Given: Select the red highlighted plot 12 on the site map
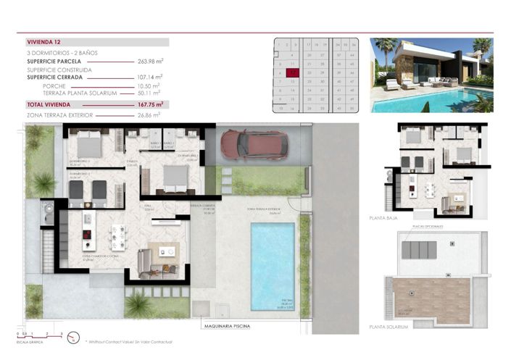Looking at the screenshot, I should point(291,72).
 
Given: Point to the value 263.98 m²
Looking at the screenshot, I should point(150,62).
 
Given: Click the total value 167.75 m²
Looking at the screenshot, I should point(150,104).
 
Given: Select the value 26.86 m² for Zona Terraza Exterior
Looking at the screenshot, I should point(149,114).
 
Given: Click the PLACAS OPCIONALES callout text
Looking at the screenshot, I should point(427,225).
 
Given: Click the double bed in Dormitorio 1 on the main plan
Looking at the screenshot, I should point(172,177).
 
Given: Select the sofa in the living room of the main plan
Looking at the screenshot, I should point(144,259).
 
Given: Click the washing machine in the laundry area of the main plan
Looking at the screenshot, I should point(48,214).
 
